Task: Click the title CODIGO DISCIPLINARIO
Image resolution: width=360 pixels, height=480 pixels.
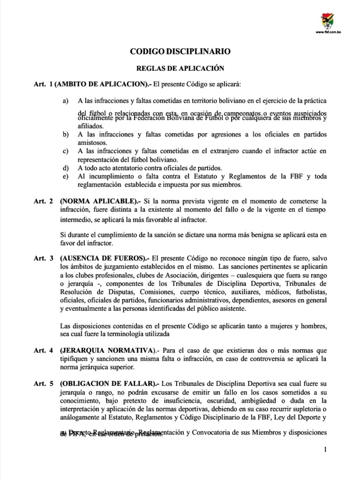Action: pyautogui.click(x=180, y=52)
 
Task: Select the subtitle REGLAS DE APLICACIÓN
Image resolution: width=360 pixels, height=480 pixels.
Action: pyautogui.click(x=180, y=67)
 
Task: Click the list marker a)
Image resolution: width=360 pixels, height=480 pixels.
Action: pyautogui.click(x=65, y=101)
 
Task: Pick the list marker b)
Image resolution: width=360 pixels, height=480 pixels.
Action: pyautogui.click(x=65, y=134)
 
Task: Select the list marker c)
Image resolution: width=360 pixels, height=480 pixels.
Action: pyautogui.click(x=65, y=151)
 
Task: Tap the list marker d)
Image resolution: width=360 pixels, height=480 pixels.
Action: pyautogui.click(x=65, y=168)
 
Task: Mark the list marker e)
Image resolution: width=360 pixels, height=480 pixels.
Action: pyautogui.click(x=65, y=176)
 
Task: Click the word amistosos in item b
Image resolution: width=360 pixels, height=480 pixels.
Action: pyautogui.click(x=93, y=142)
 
